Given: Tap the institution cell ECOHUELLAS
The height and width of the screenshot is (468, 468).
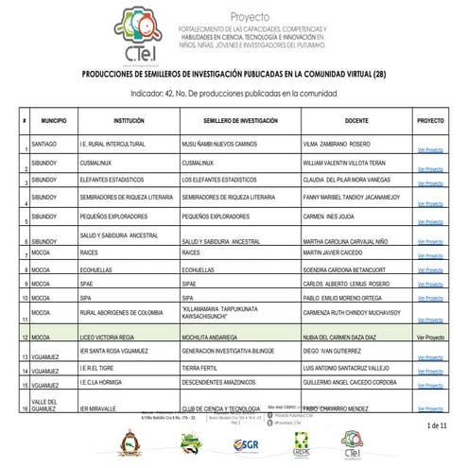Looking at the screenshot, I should (97, 269).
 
